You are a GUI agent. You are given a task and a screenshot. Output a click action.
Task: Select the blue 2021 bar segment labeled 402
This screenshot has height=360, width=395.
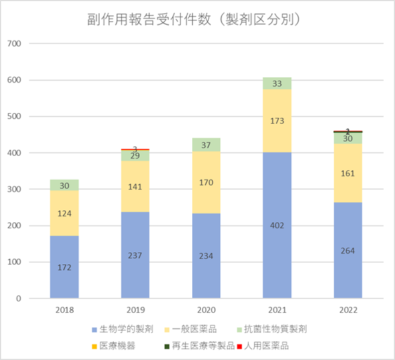point(277,200)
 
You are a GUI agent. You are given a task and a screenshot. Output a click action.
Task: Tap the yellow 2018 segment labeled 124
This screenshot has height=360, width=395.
point(65,213)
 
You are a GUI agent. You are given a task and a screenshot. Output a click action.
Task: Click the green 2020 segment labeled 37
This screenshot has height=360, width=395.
point(206,144)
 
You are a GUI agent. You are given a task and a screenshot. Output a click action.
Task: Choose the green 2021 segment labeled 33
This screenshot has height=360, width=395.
point(277,83)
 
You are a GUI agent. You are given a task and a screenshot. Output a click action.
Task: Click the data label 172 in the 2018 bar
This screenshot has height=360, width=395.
point(65,267)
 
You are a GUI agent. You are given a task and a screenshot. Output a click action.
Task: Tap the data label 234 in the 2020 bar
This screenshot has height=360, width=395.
point(206,256)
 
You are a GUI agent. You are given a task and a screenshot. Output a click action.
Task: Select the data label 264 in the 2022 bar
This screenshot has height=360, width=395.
point(348,250)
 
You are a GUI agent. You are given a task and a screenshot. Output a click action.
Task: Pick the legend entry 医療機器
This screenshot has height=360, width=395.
point(118,346)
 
